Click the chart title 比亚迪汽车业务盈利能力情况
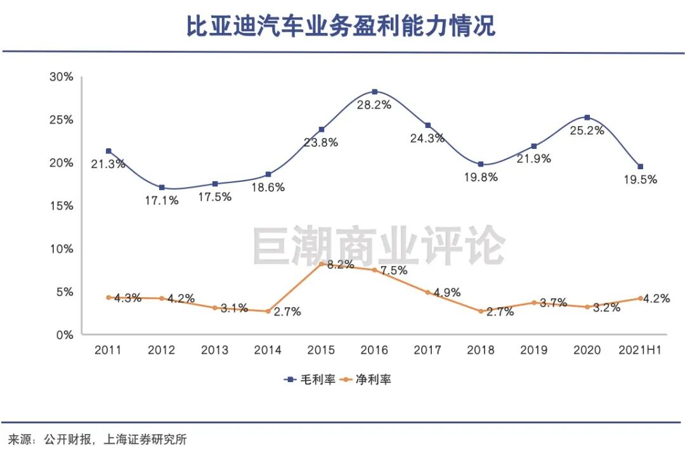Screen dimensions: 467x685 [x=341, y=27]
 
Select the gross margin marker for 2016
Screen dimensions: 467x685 [x=374, y=92]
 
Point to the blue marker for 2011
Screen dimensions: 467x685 [x=108, y=151]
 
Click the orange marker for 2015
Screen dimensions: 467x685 [x=322, y=263]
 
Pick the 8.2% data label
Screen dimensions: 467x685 [x=340, y=265]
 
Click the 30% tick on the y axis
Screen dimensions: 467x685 [x=62, y=77]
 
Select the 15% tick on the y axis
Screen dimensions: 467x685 [x=62, y=206]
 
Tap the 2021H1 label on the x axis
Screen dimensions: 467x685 [x=640, y=350]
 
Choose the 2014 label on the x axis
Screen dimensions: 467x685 [x=268, y=350]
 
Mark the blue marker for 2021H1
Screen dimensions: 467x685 [x=641, y=167]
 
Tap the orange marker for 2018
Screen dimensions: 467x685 [x=481, y=311]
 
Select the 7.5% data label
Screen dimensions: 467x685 [x=393, y=271]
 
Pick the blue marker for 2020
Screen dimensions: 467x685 [x=587, y=117]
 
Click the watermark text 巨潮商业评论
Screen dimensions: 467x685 [x=379, y=246]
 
